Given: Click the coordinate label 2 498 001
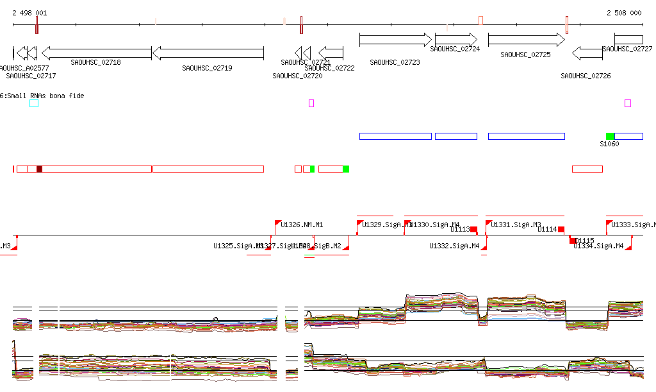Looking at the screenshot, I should click(x=29, y=13).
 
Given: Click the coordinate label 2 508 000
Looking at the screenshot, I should click(x=624, y=13).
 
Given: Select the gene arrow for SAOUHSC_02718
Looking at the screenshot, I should click(x=96, y=53).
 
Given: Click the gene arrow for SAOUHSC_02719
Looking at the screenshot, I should click(x=208, y=53).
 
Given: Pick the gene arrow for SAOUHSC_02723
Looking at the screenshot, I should click(x=396, y=40).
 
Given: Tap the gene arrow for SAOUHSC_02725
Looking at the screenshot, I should click(x=527, y=40).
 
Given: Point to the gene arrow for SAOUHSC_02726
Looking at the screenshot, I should click(x=587, y=53).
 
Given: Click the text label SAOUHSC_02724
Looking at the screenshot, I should click(x=455, y=49).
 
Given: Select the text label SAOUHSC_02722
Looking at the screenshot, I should click(x=329, y=68).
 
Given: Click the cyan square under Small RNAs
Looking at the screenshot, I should click(x=34, y=103).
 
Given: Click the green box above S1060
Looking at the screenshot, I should click(x=610, y=136).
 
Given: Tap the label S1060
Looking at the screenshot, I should click(x=609, y=144).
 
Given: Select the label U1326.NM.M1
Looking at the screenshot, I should click(x=302, y=225).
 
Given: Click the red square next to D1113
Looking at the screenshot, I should click(x=474, y=229).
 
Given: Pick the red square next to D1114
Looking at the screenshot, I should click(x=561, y=229).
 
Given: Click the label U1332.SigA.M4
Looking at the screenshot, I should click(x=454, y=246).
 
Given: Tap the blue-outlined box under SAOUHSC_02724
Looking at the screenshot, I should click(x=456, y=136).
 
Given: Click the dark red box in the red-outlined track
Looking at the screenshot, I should click(x=39, y=169).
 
